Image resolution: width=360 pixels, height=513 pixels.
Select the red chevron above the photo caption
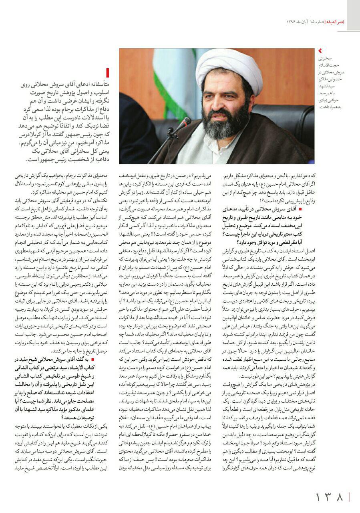pos(320,51)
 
